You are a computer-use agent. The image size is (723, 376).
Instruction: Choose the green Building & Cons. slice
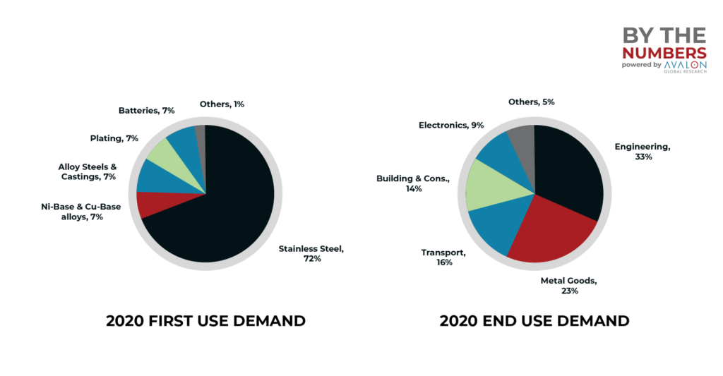click(x=487, y=185)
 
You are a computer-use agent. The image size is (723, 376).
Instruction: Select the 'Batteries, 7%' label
click(x=146, y=110)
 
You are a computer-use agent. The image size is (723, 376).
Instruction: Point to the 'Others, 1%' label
click(x=222, y=104)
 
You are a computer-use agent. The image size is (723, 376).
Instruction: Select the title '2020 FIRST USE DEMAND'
click(x=205, y=321)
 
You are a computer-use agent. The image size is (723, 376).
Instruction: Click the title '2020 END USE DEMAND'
click(x=534, y=321)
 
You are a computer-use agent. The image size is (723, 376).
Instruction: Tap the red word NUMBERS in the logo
click(x=664, y=53)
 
